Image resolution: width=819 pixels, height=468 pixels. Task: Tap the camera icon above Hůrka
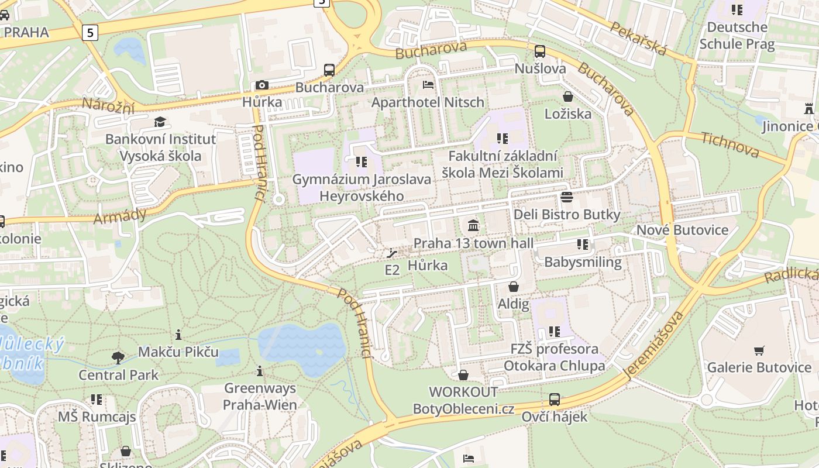(261, 85)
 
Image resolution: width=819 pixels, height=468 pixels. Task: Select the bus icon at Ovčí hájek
(554, 400)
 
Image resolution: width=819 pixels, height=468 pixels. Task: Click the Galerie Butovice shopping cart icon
(759, 350)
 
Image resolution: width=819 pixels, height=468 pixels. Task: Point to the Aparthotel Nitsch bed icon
(428, 85)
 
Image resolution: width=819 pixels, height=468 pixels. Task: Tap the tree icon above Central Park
(118, 357)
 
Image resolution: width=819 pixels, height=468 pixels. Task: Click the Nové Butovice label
(682, 229)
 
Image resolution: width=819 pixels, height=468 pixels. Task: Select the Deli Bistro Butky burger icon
(566, 197)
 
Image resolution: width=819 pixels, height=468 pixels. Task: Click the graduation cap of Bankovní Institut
(160, 122)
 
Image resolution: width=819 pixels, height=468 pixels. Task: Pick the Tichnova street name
(729, 144)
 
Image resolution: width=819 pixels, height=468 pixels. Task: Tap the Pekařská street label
(638, 39)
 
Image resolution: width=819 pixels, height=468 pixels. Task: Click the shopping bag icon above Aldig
(513, 287)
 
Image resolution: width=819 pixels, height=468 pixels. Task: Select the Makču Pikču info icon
(178, 335)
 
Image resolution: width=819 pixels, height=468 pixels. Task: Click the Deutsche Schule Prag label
(737, 36)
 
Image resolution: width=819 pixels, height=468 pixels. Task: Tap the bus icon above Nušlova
(539, 51)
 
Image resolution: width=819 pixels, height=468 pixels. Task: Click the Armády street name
(120, 215)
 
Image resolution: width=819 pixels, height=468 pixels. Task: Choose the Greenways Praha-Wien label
(260, 396)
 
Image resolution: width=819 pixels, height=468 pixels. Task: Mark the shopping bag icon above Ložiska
(567, 96)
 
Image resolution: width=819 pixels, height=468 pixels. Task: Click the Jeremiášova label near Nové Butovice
(654, 346)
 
